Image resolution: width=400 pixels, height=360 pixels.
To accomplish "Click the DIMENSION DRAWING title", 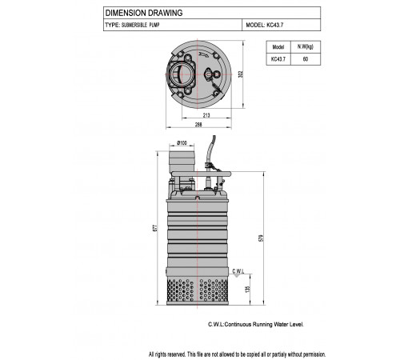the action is [x=144, y=13].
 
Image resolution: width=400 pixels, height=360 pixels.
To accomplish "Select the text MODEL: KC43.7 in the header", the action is [x=265, y=25].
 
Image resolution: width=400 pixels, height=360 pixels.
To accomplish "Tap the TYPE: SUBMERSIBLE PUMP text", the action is [x=132, y=25].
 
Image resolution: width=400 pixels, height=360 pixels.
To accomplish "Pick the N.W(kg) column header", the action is [x=306, y=47].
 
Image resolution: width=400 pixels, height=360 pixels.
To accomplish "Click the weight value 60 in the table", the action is [x=306, y=59].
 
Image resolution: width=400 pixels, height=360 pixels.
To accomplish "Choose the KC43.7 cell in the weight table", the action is [x=278, y=59].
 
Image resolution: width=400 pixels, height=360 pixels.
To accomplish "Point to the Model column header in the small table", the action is [x=278, y=47].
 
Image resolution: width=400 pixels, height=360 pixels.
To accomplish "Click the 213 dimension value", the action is [x=206, y=115].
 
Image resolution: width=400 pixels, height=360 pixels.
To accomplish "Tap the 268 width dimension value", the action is [x=198, y=124].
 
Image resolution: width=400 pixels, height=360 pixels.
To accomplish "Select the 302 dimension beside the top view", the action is [x=241, y=74].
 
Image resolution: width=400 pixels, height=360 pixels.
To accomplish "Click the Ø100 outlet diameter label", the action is [x=182, y=143].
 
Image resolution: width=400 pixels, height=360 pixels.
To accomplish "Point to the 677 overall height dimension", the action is [x=155, y=228].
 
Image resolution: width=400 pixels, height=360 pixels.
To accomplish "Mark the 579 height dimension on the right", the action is [x=261, y=238].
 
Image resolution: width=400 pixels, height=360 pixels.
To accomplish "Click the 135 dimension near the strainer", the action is [x=247, y=290].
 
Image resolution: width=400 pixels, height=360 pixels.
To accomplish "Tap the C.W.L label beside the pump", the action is [x=238, y=271].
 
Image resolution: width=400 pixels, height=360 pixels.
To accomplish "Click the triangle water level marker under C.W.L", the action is [x=237, y=276].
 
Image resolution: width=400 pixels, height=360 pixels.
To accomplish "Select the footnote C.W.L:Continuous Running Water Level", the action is [x=256, y=325].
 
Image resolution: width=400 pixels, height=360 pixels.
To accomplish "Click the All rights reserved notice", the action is [x=237, y=354].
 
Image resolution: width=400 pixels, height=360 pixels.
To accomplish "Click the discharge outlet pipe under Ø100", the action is [x=182, y=162].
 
